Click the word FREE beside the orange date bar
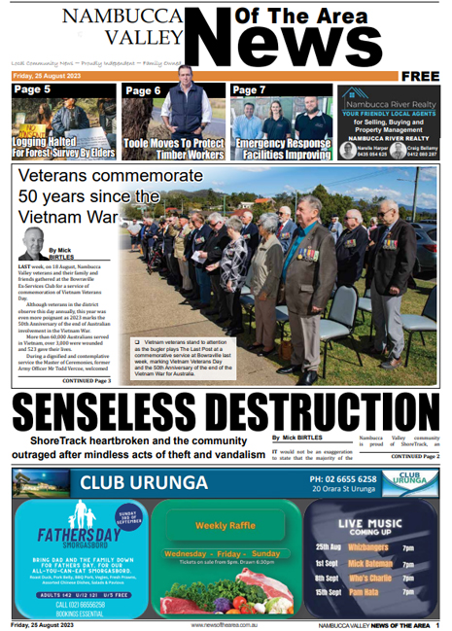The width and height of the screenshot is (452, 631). tap(419, 76)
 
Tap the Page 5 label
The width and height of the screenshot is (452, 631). tap(33, 90)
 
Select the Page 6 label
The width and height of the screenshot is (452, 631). tap(143, 90)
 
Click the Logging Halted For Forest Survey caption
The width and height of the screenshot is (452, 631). tap(63, 149)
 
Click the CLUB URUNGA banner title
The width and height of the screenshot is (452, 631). tap(145, 483)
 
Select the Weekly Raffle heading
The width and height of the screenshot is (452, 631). tap(225, 525)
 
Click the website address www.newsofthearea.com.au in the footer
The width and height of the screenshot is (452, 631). tap(226, 625)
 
